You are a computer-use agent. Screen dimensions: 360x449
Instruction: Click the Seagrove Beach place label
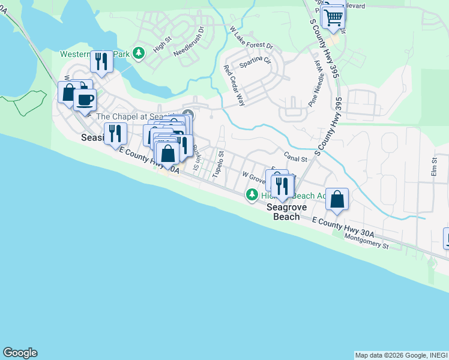pyautogui.click(x=286, y=212)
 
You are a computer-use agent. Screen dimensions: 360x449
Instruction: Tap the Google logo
pyautogui.click(x=20, y=353)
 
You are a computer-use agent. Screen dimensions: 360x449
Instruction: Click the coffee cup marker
pyautogui.click(x=85, y=99)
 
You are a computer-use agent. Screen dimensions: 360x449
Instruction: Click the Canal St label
pyautogui.click(x=296, y=159)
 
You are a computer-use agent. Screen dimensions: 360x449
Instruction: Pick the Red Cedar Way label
pyautogui.click(x=234, y=85)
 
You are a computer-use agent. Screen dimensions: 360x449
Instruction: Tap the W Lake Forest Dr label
pyautogui.click(x=251, y=37)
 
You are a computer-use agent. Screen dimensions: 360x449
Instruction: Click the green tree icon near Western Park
pyautogui.click(x=139, y=53)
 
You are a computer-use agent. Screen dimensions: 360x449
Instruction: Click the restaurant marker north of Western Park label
pyautogui.click(x=101, y=62)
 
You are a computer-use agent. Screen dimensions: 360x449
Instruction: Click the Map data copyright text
pyautogui.click(x=400, y=355)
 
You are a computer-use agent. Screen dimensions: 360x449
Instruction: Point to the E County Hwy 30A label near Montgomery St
pyautogui.click(x=343, y=227)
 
